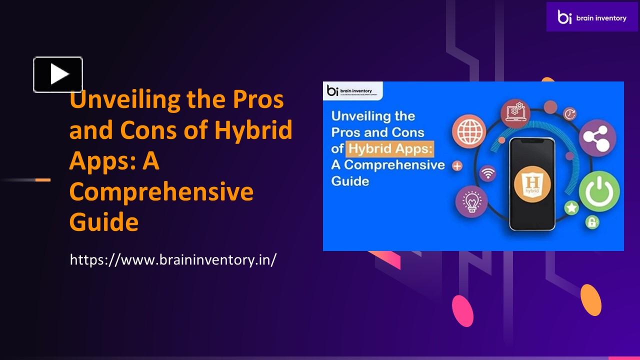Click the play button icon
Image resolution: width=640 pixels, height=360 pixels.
click(58, 74)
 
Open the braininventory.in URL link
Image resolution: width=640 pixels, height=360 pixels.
click(173, 259)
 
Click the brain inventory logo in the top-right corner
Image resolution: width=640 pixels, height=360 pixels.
click(592, 17)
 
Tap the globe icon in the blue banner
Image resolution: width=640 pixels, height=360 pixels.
click(469, 128)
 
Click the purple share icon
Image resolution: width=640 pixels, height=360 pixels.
click(597, 137)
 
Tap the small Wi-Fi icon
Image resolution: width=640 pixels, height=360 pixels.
click(488, 173)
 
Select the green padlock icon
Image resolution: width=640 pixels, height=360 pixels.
click(592, 221)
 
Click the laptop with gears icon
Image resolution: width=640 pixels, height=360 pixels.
click(515, 111)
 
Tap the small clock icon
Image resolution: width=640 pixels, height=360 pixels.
click(569, 114)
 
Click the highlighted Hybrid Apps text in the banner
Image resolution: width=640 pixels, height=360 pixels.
click(389, 148)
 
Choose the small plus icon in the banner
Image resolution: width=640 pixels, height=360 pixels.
click(457, 166)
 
